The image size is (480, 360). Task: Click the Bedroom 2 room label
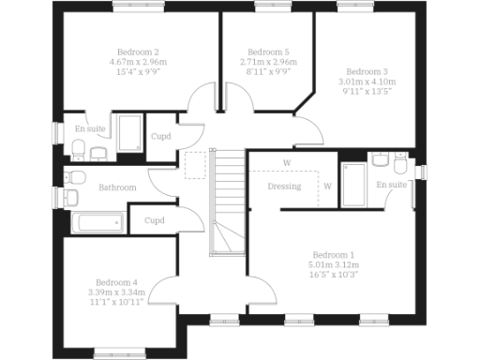138,52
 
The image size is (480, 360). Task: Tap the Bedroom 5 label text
268,52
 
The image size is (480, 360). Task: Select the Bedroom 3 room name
367,71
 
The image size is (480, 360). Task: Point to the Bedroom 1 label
334,255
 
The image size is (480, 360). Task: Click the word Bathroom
118,187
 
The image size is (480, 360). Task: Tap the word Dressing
284,186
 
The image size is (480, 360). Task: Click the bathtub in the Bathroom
97,223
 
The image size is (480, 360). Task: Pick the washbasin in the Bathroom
70,197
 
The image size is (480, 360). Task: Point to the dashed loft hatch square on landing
196,165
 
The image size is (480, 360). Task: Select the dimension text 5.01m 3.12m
334,265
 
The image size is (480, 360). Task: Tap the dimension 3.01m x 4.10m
367,82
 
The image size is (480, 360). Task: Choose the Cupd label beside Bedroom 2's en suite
160,137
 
